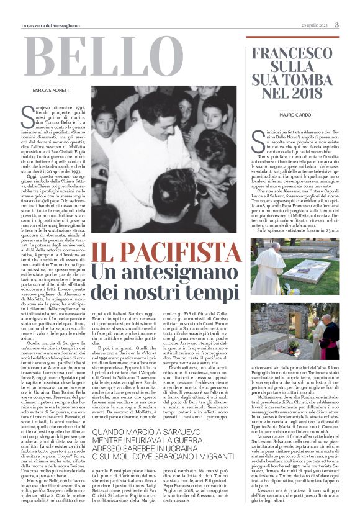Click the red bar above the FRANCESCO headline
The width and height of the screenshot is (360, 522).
click(292, 37)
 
